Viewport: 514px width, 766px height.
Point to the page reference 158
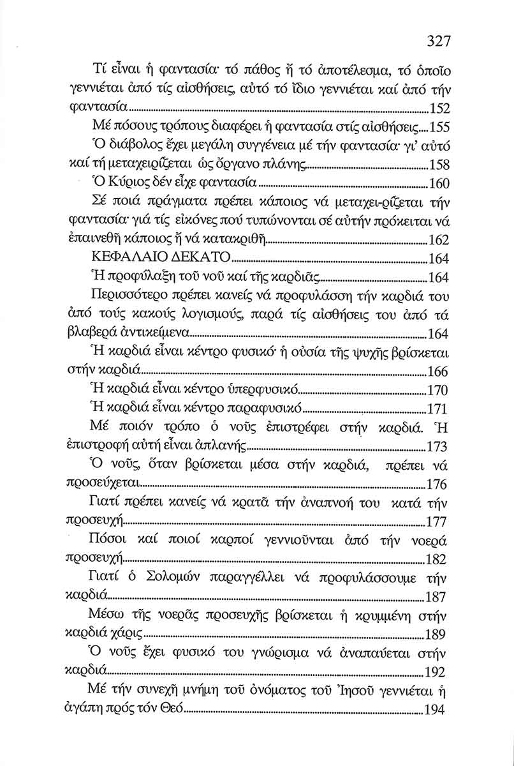click(440, 164)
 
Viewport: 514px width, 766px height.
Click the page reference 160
click(440, 184)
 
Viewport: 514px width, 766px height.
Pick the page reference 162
click(439, 241)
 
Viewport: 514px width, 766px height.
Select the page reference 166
click(439, 372)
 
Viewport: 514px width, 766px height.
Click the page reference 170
click(439, 391)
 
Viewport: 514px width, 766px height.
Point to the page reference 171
click(439, 409)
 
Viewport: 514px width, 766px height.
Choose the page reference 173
click(439, 447)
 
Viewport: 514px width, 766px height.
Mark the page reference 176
click(439, 484)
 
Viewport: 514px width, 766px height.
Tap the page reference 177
click(439, 522)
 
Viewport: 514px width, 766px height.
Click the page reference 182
click(439, 560)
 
